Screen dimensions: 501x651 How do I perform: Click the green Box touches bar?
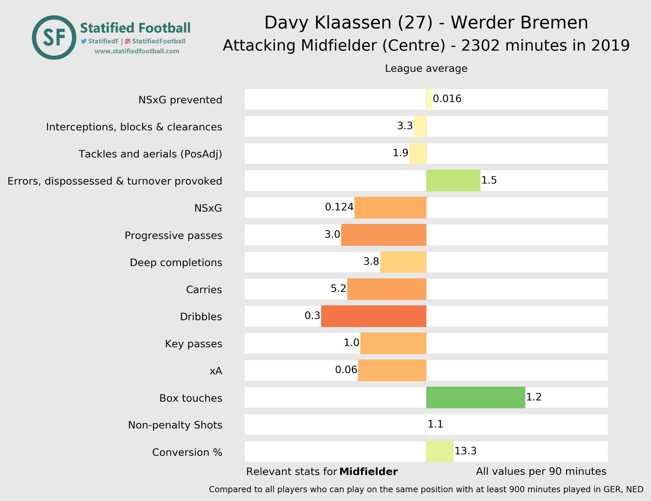point(476,397)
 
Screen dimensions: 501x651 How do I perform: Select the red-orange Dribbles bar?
point(374,316)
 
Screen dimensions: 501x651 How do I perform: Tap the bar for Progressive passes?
point(384,235)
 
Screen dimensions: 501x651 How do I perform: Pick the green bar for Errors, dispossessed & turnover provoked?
point(453,181)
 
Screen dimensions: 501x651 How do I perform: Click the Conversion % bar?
point(440,452)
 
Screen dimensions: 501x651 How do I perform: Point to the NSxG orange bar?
point(390,208)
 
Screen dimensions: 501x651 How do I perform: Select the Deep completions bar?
point(403,262)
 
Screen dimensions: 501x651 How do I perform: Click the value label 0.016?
point(447,99)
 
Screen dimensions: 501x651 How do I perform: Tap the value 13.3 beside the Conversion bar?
point(465,451)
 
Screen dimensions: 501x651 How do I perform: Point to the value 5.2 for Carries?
point(338,289)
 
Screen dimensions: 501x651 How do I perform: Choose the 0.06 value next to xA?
point(346,370)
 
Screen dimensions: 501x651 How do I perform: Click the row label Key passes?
point(193,344)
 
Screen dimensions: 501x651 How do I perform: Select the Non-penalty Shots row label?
point(175,425)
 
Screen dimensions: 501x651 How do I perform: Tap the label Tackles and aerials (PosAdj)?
point(150,154)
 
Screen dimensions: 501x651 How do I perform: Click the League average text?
point(426,69)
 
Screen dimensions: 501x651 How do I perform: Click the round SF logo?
point(54,38)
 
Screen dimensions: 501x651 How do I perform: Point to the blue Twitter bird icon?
point(84,41)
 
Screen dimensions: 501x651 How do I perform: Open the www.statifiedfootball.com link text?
point(136,51)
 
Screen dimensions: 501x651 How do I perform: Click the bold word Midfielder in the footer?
point(368,472)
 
